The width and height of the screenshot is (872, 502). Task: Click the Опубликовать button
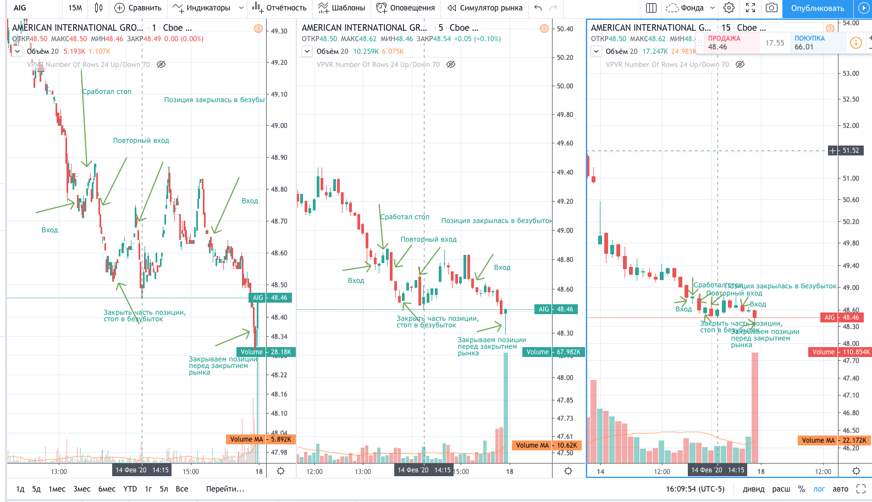(817, 8)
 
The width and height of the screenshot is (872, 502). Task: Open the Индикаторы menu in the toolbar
(207, 8)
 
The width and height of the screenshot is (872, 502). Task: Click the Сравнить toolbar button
(138, 8)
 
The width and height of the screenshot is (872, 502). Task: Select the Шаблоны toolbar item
(341, 8)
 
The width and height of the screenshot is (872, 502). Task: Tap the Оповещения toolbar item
(405, 8)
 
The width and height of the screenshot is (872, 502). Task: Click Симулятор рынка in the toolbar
(484, 8)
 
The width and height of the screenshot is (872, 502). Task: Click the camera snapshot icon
(772, 8)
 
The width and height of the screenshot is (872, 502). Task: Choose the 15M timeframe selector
(75, 8)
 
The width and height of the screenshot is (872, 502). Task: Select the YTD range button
(130, 489)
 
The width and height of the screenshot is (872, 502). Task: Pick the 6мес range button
(107, 489)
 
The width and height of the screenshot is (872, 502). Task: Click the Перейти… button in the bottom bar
(225, 489)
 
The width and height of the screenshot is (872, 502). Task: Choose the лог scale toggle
(819, 489)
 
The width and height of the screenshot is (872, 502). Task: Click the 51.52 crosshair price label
(850, 150)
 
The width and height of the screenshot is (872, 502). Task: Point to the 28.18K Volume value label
(281, 352)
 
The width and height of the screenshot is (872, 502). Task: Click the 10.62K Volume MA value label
(567, 445)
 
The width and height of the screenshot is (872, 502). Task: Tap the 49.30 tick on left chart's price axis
(279, 31)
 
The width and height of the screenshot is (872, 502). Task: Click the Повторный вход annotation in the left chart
(141, 141)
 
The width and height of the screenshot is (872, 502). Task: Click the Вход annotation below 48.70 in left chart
(49, 230)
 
